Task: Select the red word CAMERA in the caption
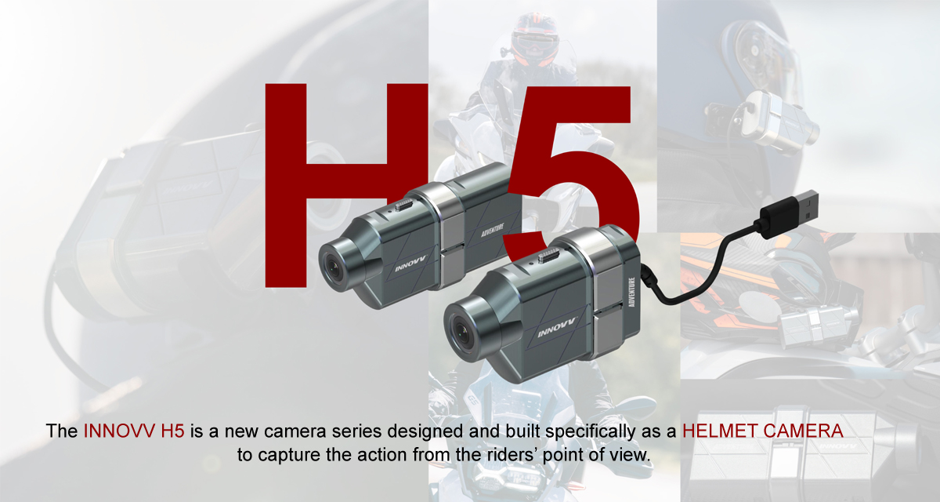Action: [792, 431]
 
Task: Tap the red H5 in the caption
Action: [172, 431]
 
